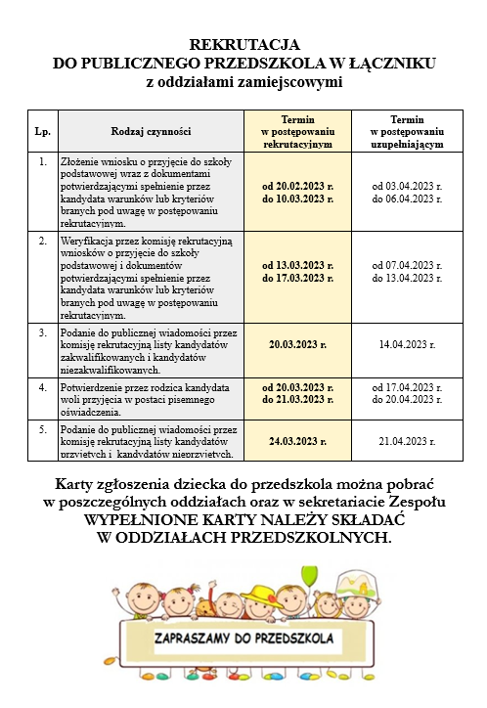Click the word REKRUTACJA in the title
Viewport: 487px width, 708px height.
pyautogui.click(x=243, y=45)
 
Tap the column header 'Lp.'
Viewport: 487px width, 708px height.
pyautogui.click(x=42, y=131)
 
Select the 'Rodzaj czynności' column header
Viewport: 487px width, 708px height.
pyautogui.click(x=152, y=131)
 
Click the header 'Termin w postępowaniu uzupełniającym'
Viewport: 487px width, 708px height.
pyautogui.click(x=406, y=130)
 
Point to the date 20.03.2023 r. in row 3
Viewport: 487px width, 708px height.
pyautogui.click(x=297, y=345)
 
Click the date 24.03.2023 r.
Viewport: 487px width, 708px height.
pyautogui.click(x=297, y=440)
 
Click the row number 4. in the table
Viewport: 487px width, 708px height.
pyautogui.click(x=42, y=386)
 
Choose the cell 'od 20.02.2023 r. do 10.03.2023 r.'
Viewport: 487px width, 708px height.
pyautogui.click(x=297, y=191)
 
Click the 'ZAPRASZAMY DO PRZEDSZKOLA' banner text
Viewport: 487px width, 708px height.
pyautogui.click(x=244, y=639)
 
